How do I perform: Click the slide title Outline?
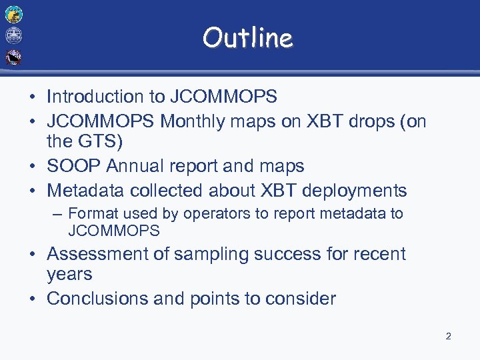coord(247,38)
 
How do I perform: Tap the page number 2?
coord(448,336)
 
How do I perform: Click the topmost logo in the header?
coord(13,14)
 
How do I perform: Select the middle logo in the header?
coord(13,35)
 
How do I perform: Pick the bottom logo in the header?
coord(13,57)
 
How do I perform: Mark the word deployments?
coord(354,191)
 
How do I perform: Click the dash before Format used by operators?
coord(59,214)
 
